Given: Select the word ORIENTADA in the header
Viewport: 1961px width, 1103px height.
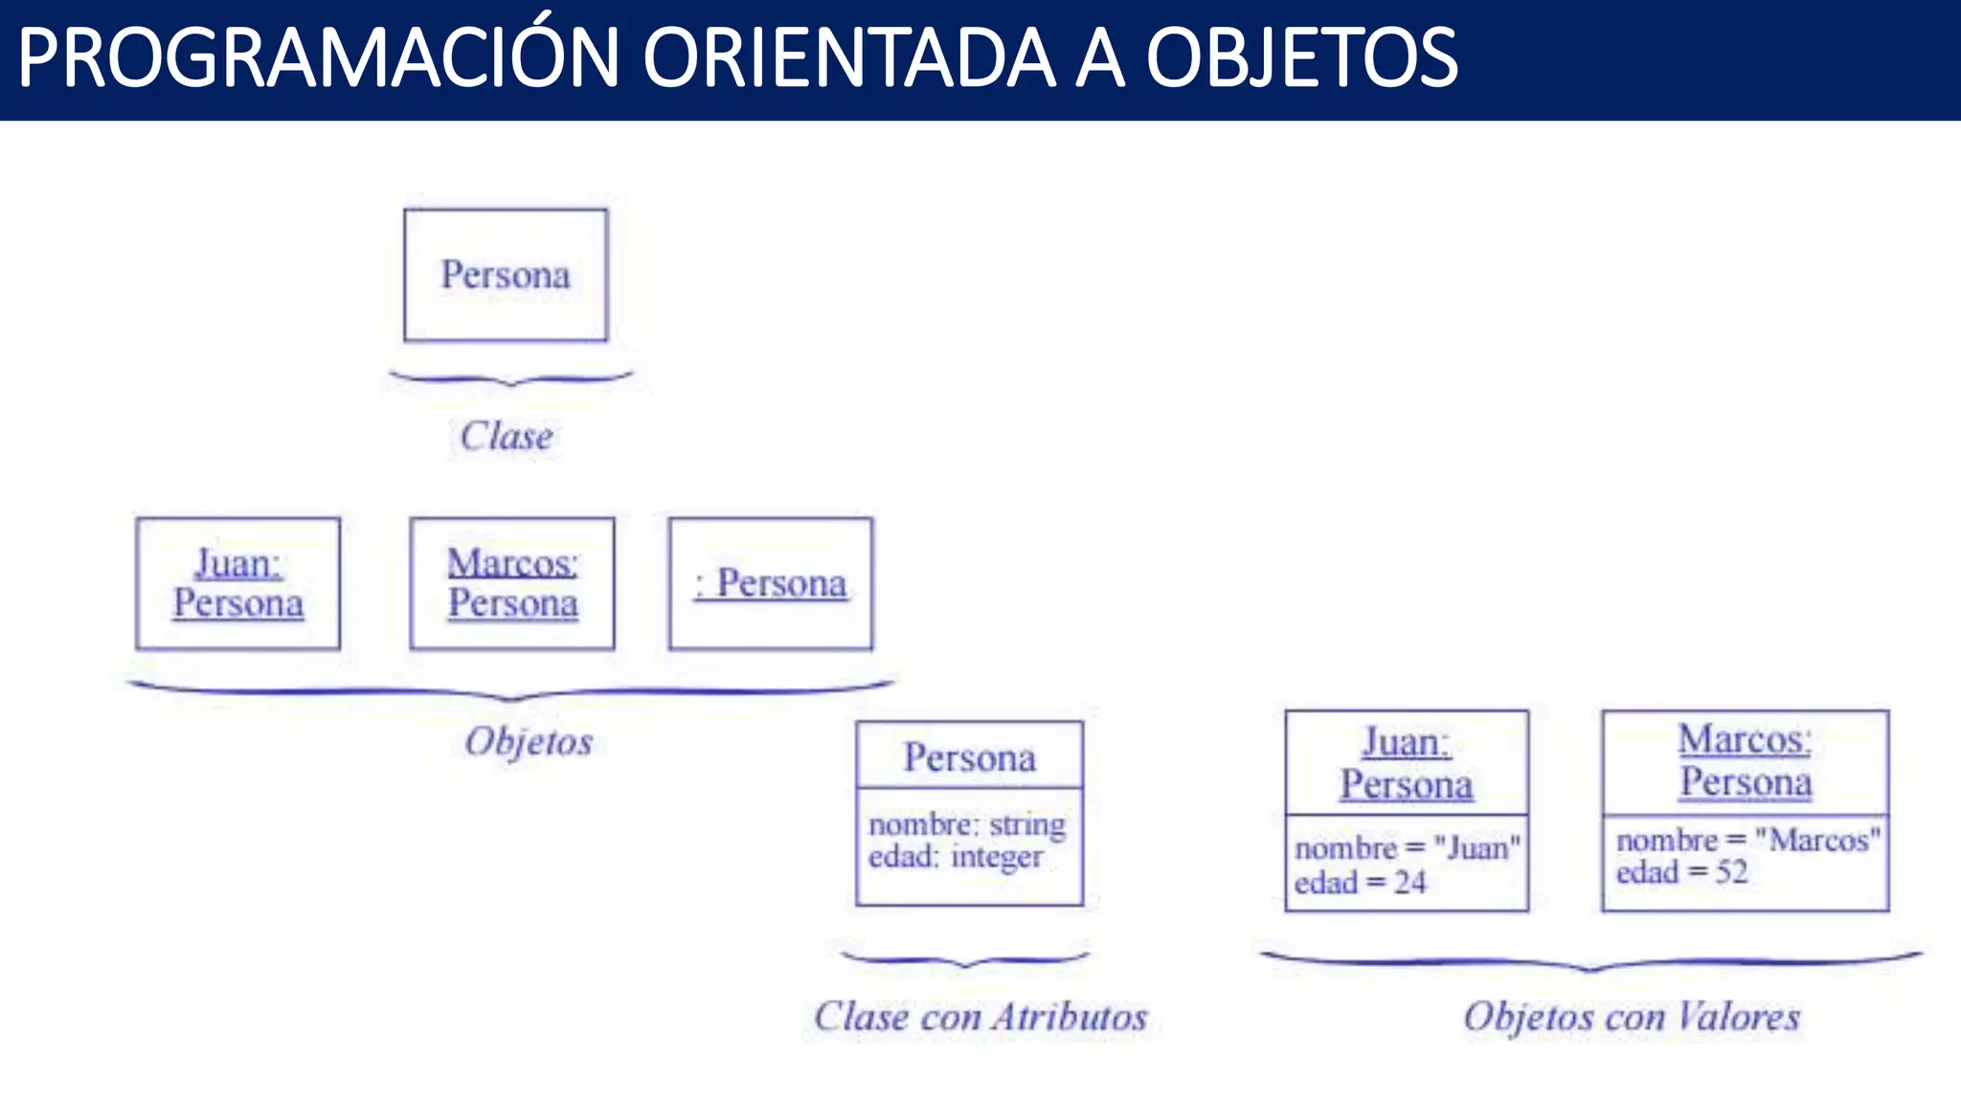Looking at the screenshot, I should tap(848, 59).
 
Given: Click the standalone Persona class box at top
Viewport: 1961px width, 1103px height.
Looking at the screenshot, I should tap(506, 275).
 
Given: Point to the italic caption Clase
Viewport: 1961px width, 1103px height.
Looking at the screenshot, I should tap(506, 437).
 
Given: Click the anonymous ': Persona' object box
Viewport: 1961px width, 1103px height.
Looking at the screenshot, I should tap(771, 583).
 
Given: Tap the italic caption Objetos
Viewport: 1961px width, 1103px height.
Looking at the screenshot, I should tap(529, 742).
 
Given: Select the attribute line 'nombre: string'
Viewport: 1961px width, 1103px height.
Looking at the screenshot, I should tap(966, 824).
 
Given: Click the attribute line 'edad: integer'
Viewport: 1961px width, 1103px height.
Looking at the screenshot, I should tap(955, 856).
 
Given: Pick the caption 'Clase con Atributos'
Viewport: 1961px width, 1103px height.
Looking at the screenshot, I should tap(980, 1017).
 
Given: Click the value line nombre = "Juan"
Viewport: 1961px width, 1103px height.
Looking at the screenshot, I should tap(1407, 848).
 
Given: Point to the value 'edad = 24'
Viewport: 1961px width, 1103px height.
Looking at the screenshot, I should tap(1360, 883).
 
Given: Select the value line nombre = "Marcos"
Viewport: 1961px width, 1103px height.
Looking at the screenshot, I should tap(1747, 841).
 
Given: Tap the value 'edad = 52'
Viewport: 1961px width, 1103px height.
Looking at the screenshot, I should tap(1681, 872).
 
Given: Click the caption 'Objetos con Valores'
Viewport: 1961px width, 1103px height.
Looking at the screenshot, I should tap(1632, 1017).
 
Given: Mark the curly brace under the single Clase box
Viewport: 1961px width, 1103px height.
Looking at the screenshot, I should tap(510, 379).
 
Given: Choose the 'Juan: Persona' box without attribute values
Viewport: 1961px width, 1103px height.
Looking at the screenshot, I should tap(237, 583).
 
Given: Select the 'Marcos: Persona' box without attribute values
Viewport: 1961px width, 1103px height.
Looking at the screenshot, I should tap(512, 583).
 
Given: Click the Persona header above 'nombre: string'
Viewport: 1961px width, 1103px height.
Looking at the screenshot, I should tap(969, 757).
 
